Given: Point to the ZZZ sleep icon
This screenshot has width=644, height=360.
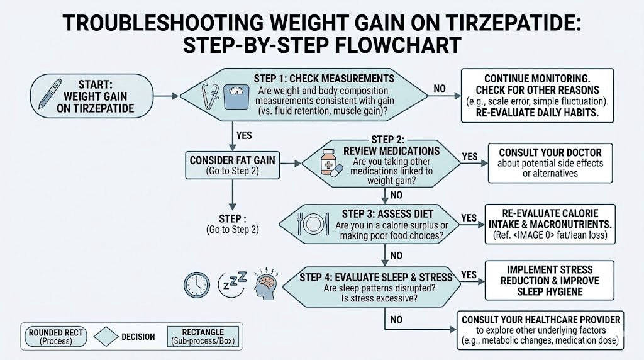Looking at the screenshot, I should tap(231, 284).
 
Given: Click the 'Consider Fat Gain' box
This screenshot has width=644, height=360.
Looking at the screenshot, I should tap(232, 166).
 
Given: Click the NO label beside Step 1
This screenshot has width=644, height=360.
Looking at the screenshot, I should tap(440, 89).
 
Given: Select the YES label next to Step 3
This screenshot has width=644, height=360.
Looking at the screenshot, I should tap(469, 218).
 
